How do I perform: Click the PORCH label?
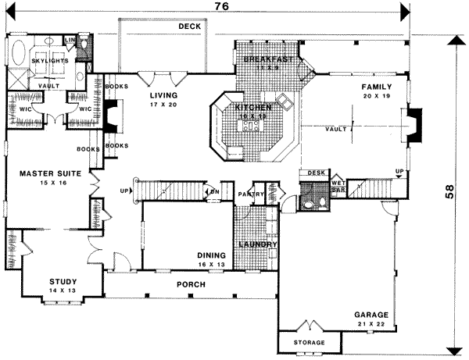pos(191,284)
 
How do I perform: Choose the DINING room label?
pos(212,255)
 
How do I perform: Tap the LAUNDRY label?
pos(258,244)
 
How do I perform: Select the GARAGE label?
pos(371,315)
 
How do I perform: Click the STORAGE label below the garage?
pos(309,343)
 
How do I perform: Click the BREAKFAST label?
pos(267,59)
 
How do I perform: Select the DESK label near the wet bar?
pos(316,173)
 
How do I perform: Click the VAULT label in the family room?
pos(338,130)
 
